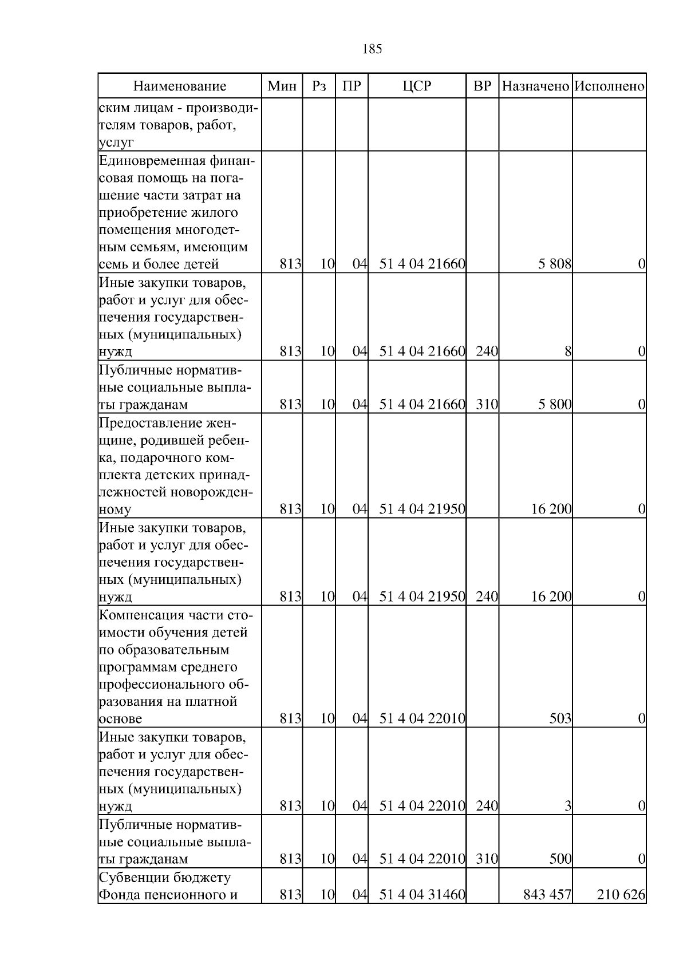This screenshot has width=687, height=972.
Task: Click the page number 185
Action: click(372, 49)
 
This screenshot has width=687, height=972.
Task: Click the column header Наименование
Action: click(180, 86)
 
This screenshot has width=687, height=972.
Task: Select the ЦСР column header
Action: click(417, 86)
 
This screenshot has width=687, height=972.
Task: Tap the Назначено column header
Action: click(535, 86)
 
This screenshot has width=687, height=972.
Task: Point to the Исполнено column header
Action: click(609, 86)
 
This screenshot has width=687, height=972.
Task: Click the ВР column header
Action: click(483, 86)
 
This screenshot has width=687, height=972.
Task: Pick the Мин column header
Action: click(282, 86)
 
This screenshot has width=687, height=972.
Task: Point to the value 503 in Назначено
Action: click(560, 718)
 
